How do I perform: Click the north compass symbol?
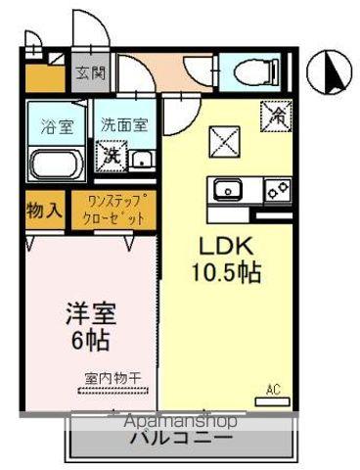coord(333,70)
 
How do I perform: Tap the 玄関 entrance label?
coord(93,72)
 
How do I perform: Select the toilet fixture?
coord(247,71)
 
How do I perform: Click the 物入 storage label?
coord(44,210)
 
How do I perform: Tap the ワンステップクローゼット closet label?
coord(115,211)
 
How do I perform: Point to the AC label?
coord(273,390)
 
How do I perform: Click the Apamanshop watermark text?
coord(179,420)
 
